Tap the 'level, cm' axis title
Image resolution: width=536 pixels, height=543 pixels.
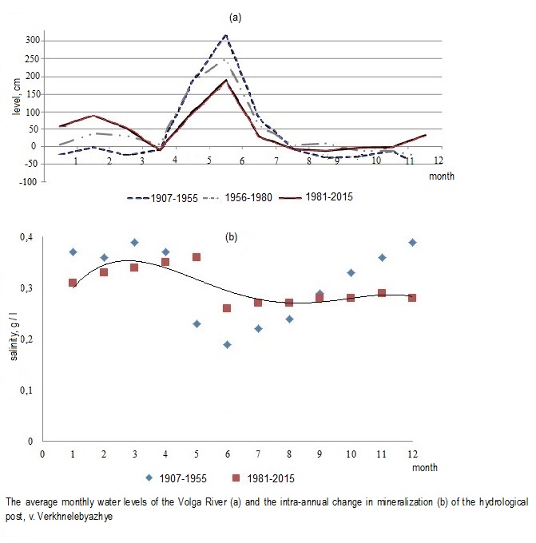click(x=15, y=110)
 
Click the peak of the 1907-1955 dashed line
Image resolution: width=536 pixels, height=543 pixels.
click(x=227, y=34)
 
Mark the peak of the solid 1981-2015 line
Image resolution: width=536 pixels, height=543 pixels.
click(x=227, y=80)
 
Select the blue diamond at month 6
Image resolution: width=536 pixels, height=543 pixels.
click(x=228, y=345)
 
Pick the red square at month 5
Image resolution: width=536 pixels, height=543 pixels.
click(x=197, y=257)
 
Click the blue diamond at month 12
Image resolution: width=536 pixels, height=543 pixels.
click(x=412, y=242)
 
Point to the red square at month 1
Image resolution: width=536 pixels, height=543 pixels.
click(x=73, y=283)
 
